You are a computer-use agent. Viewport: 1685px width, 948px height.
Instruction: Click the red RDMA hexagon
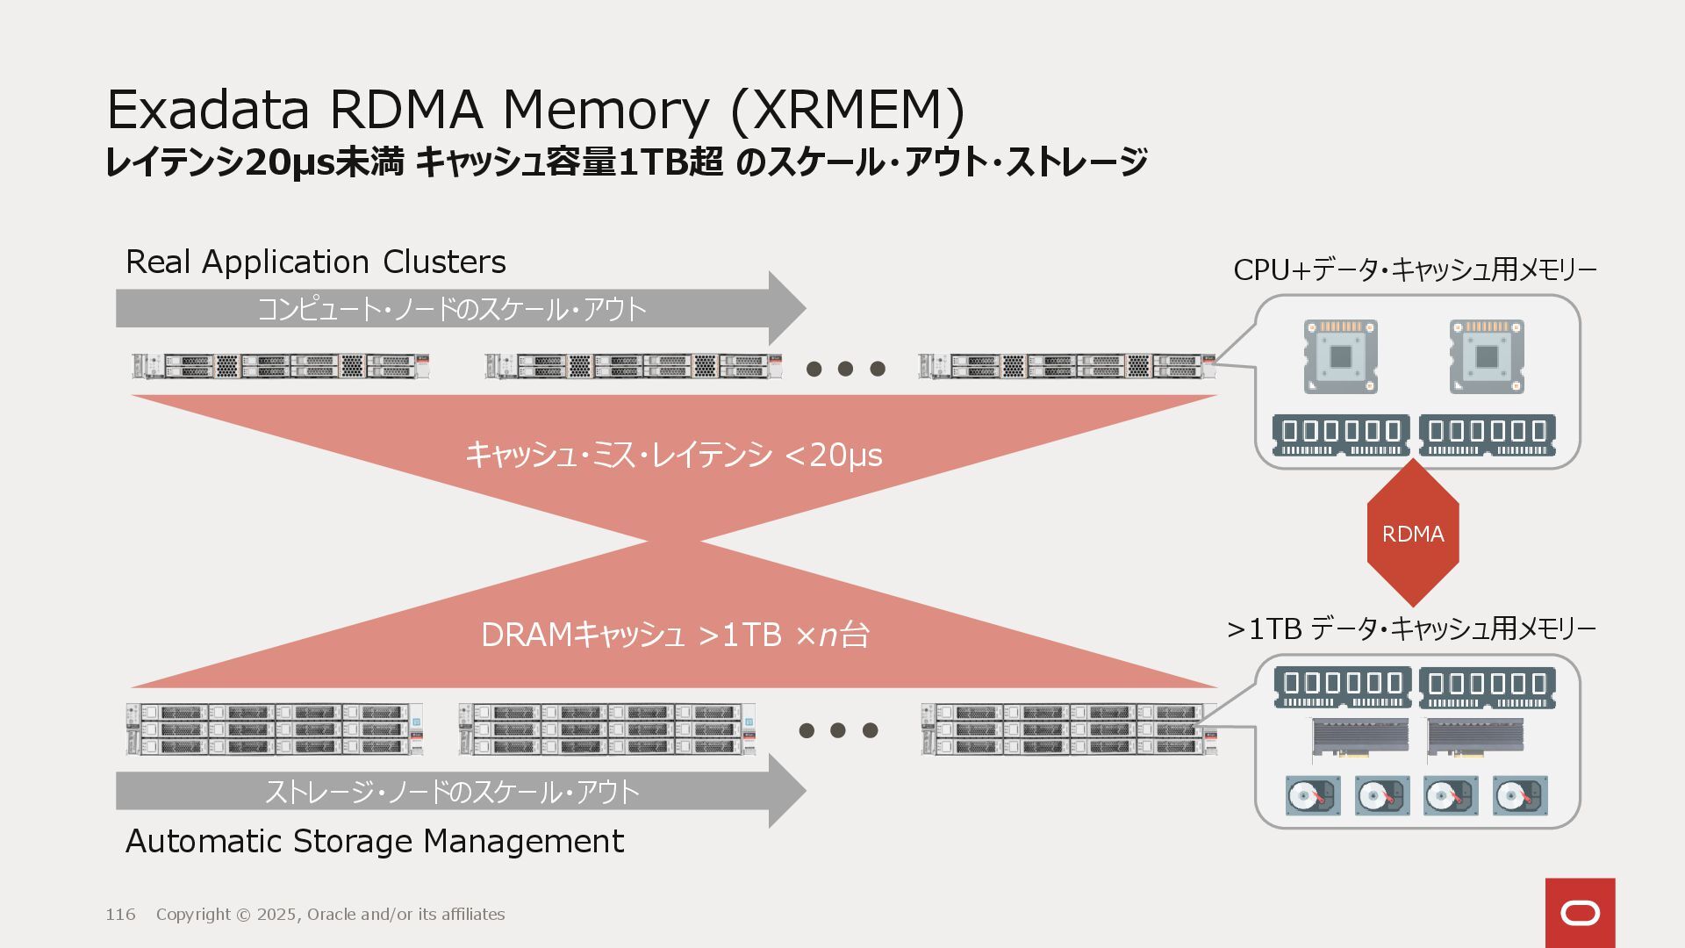tap(1413, 533)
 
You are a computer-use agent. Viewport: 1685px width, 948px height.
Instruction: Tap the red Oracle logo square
tap(1580, 913)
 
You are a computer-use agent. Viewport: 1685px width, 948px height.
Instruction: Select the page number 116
tap(120, 915)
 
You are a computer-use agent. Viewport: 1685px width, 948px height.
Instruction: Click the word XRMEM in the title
tap(847, 111)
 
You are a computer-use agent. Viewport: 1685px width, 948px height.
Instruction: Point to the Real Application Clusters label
tap(316, 262)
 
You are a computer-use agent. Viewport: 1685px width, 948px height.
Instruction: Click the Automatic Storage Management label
tap(375, 841)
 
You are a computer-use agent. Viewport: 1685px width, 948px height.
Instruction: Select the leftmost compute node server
tap(281, 366)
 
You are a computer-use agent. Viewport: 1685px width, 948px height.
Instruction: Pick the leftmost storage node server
tap(275, 729)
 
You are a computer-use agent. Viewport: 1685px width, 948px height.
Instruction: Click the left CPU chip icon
tap(1340, 356)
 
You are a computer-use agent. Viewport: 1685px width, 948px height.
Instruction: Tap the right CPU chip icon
tap(1487, 356)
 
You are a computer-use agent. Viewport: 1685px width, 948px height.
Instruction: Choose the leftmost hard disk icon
tap(1312, 795)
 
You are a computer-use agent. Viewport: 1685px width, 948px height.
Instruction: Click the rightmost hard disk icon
tap(1520, 795)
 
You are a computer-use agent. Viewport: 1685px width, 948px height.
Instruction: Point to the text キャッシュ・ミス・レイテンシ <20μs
tap(673, 455)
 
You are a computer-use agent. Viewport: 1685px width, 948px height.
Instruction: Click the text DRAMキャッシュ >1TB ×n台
tap(674, 635)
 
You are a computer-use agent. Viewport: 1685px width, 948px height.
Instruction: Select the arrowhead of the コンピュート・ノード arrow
tap(786, 308)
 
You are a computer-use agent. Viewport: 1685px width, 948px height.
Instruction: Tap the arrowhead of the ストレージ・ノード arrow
tap(786, 791)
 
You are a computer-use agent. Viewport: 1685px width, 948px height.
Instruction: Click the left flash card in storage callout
tap(1360, 737)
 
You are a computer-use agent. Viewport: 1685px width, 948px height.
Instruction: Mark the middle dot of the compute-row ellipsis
tap(845, 369)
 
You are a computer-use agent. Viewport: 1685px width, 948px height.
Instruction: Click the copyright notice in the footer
tap(330, 915)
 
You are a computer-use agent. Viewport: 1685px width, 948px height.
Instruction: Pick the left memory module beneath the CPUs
tap(1340, 434)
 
